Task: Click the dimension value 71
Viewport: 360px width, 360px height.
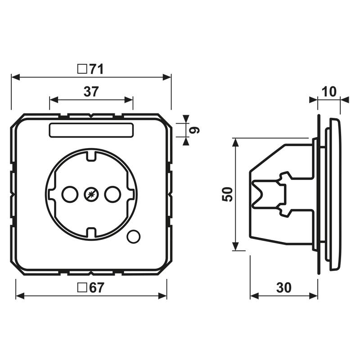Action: (x=96, y=69)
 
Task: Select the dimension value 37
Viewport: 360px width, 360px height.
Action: (x=91, y=91)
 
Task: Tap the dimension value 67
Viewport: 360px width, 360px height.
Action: (x=97, y=288)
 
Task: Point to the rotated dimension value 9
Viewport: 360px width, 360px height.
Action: (x=194, y=130)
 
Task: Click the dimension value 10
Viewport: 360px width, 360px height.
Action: (x=329, y=91)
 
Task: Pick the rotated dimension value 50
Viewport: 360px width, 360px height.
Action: (x=227, y=194)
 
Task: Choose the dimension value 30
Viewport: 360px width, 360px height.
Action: (x=284, y=288)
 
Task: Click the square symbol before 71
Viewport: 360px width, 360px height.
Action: (x=82, y=69)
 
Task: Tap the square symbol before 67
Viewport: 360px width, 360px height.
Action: (x=82, y=288)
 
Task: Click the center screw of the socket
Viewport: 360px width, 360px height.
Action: (x=91, y=194)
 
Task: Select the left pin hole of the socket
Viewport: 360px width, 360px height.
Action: (x=70, y=194)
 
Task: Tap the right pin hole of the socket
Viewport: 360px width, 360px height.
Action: (x=113, y=194)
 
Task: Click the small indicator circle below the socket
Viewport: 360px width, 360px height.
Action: (x=133, y=237)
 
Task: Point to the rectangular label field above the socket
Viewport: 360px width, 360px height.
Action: (x=91, y=130)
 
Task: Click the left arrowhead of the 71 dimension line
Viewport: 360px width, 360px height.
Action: (x=15, y=77)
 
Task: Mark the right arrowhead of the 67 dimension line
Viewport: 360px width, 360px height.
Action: (x=162, y=296)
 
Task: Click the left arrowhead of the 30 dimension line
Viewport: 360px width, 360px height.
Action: (x=254, y=296)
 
